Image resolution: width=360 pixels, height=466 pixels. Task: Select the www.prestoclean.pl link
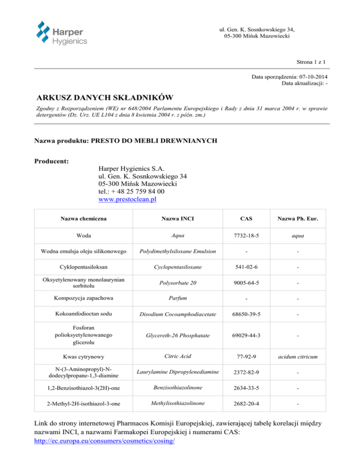click(x=127, y=199)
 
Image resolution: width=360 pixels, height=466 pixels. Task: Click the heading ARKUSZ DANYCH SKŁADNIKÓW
click(x=105, y=98)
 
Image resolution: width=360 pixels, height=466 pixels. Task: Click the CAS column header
click(x=253, y=218)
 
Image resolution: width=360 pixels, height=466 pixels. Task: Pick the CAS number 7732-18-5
click(x=253, y=236)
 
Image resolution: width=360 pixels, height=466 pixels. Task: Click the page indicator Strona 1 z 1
click(x=312, y=61)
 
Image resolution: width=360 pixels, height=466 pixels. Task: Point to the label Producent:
click(x=52, y=161)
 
